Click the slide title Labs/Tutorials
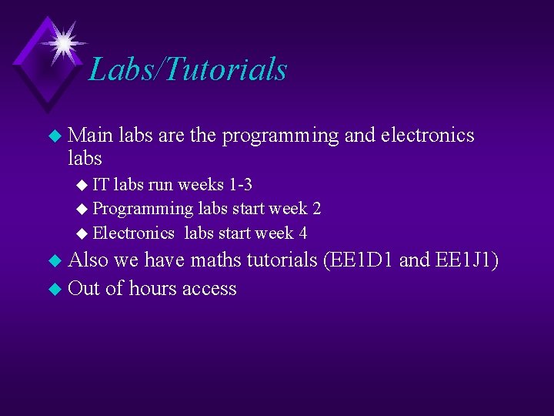(x=188, y=69)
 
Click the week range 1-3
(x=240, y=185)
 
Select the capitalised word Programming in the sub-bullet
(x=143, y=209)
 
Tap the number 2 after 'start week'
(x=316, y=209)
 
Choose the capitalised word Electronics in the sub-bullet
(x=133, y=233)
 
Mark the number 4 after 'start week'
(x=302, y=233)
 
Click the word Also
(x=88, y=261)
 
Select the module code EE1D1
(x=359, y=261)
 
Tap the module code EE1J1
(x=462, y=261)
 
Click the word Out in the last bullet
(x=85, y=288)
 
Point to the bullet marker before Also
(x=54, y=262)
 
